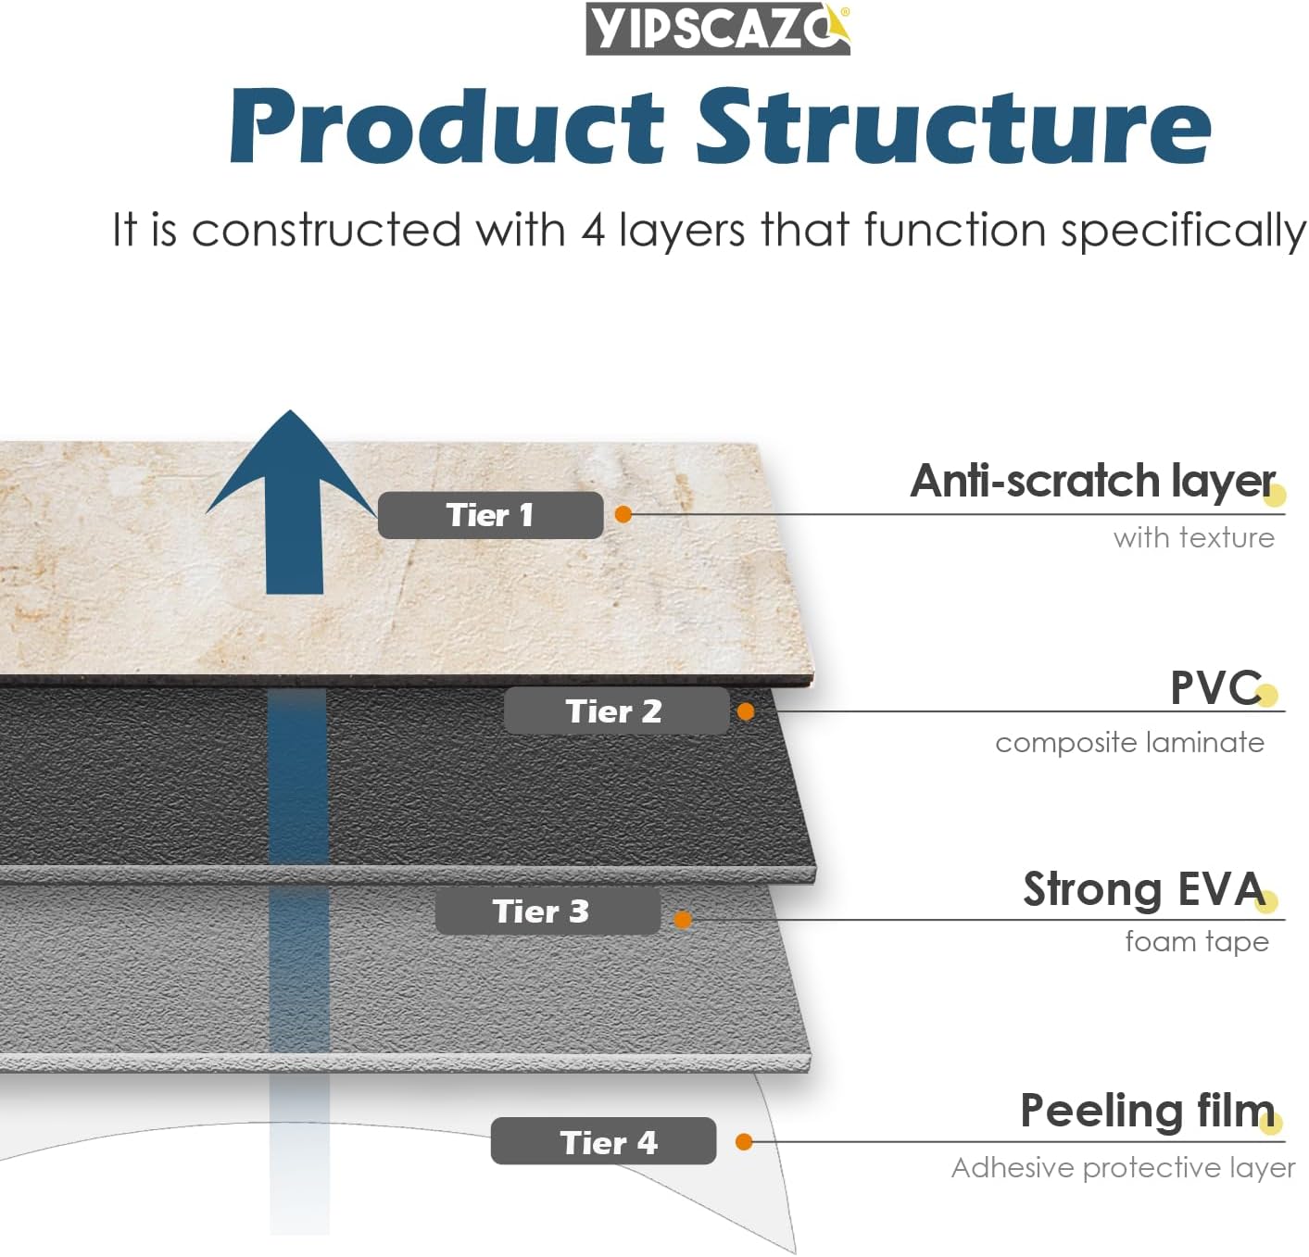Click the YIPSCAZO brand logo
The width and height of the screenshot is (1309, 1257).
click(718, 29)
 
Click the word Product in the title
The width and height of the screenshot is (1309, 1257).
click(447, 126)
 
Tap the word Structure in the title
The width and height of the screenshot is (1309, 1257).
click(953, 126)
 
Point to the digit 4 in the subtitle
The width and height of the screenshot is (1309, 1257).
click(593, 230)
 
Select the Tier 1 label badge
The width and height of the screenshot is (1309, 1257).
click(490, 514)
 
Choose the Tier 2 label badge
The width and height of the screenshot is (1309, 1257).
click(616, 710)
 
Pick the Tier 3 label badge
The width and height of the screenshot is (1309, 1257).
click(548, 911)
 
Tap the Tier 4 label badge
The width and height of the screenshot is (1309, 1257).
click(603, 1141)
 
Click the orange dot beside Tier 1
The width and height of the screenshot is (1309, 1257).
click(623, 514)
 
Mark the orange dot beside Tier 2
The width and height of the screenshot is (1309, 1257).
click(746, 711)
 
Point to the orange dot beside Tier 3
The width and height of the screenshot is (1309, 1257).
click(682, 920)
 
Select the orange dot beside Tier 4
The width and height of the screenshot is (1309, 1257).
click(743, 1141)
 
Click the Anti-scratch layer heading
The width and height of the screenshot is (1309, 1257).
click(1092, 482)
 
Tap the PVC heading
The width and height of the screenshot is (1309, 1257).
click(1215, 687)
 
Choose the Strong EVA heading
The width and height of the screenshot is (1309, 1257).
click(1144, 889)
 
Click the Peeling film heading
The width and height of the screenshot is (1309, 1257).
click(1147, 1111)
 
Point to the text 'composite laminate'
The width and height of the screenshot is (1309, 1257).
click(1129, 743)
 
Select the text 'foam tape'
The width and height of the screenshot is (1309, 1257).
click(1197, 941)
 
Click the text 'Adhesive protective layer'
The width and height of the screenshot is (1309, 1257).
click(1123, 1168)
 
